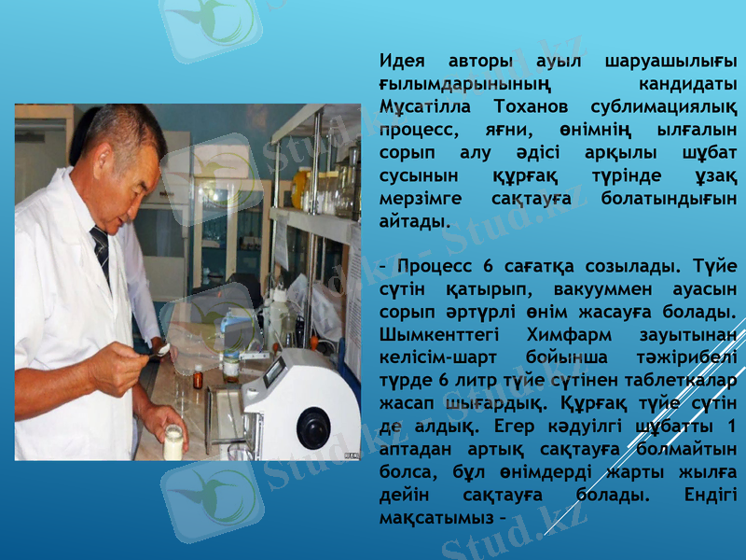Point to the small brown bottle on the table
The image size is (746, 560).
click(x=198, y=380)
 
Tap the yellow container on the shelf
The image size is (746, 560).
click(x=301, y=188)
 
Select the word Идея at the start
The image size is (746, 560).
click(x=403, y=62)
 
